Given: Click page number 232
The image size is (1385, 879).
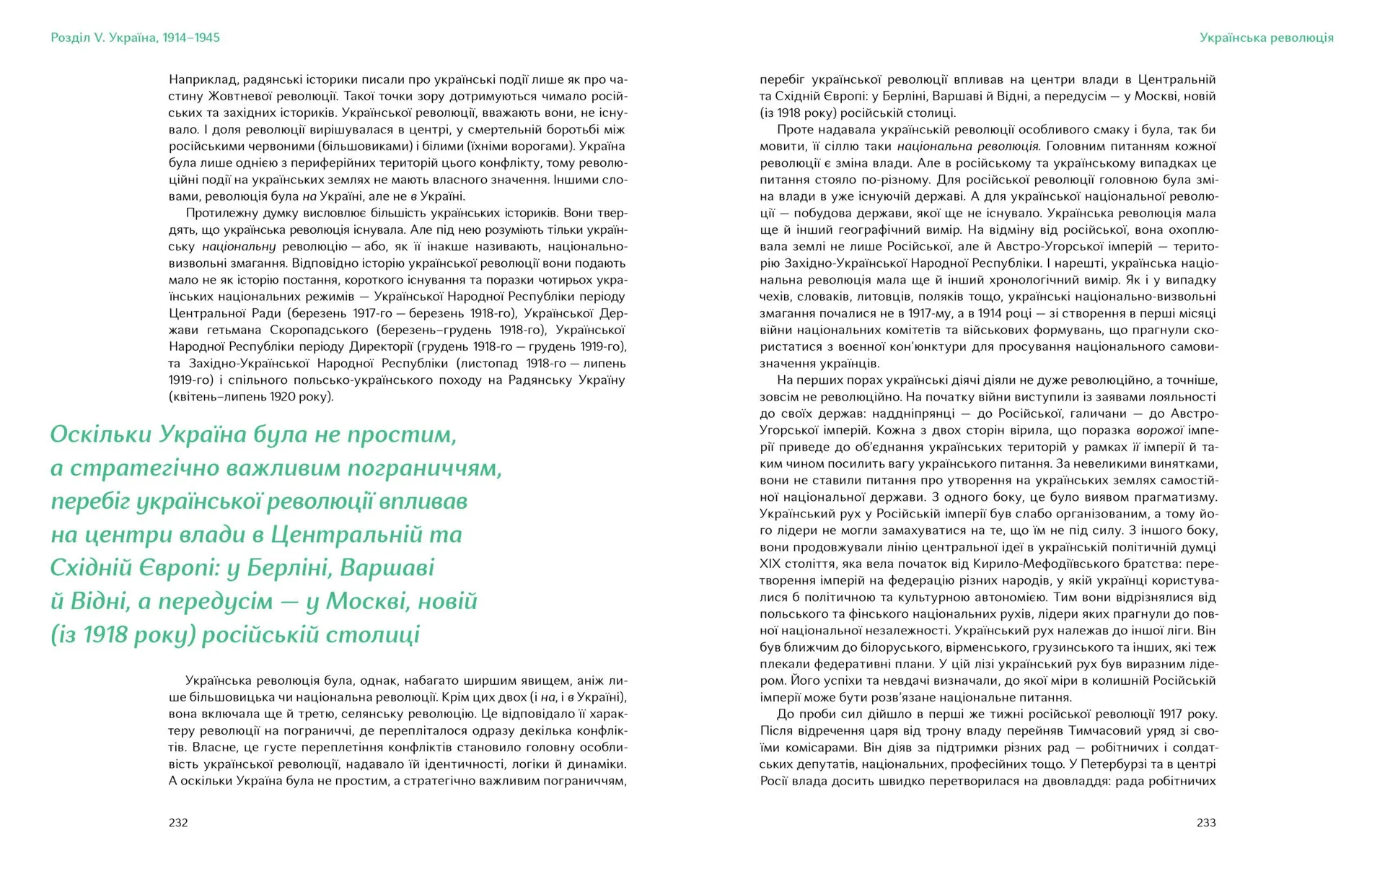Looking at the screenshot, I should [x=178, y=823].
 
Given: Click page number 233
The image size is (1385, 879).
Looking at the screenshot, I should [x=1206, y=823].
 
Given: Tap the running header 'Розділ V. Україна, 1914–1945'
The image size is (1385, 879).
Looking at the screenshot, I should [x=135, y=38].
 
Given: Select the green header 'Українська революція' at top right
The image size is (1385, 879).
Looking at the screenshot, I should [x=1266, y=38].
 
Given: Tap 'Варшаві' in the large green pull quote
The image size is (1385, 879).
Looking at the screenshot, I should [x=387, y=568].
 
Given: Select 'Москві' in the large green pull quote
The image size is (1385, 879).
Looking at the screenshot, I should [x=369, y=601].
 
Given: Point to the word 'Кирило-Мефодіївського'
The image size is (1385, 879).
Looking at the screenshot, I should [x=1006, y=564].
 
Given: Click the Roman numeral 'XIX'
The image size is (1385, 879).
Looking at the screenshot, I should [x=771, y=564].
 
